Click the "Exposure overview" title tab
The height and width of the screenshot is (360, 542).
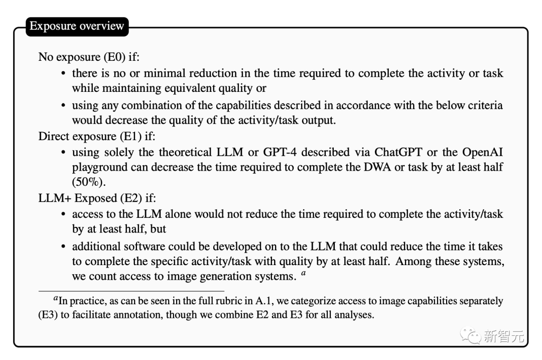77,26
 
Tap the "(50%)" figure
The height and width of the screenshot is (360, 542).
88,181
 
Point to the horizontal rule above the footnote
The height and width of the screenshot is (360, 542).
131,291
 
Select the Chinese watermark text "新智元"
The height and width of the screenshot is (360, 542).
503,336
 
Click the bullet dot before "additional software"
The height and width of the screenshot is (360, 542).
63,247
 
